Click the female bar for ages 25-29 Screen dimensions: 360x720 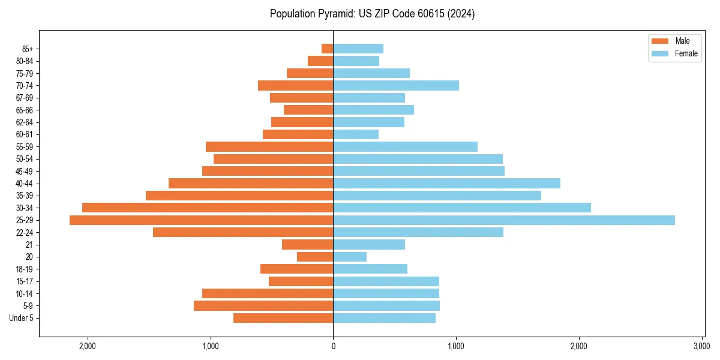(504, 220)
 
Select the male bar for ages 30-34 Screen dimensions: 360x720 (208, 208)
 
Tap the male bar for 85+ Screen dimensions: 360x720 (328, 49)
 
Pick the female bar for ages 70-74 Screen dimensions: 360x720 (396, 86)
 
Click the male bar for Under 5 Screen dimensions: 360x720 (283, 318)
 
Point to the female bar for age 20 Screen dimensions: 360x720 (350, 257)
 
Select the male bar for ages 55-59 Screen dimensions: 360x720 (269, 146)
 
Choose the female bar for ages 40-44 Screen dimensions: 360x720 (446, 183)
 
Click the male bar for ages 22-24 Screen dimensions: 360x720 (243, 232)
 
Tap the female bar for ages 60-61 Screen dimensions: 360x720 (356, 134)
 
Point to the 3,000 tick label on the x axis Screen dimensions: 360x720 (701, 346)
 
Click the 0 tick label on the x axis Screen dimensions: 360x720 (333, 346)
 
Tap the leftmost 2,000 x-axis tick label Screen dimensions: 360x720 (88, 346)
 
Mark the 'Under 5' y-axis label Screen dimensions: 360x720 (22, 318)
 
